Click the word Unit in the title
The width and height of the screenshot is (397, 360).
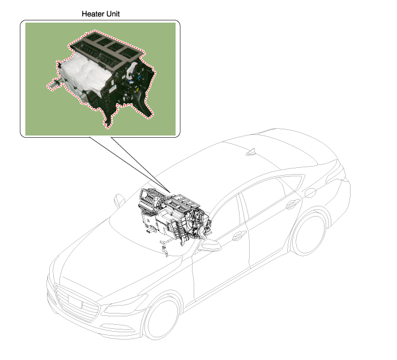click(x=112, y=14)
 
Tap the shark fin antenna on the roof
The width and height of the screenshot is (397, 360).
click(x=251, y=152)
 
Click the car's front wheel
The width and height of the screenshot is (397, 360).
click(x=161, y=319)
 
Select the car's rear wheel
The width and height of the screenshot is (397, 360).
click(x=309, y=234)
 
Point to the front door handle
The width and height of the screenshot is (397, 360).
click(x=239, y=236)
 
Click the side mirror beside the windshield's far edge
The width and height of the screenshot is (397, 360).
click(x=119, y=200)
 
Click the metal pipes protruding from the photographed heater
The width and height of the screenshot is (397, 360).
click(x=54, y=84)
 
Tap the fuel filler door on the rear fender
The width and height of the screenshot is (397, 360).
click(x=310, y=193)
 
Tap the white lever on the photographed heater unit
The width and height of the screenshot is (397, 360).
click(x=132, y=70)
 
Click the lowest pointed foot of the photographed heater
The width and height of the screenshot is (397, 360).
click(x=108, y=125)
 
